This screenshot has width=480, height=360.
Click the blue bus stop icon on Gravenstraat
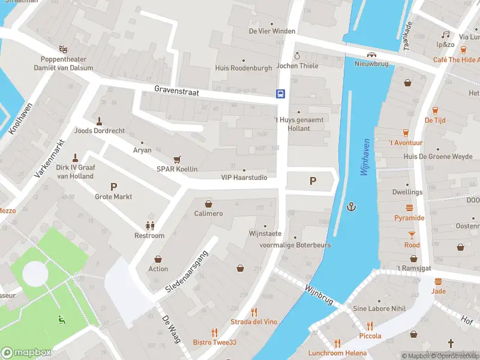click(x=280, y=94)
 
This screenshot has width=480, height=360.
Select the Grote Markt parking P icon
click(x=113, y=187)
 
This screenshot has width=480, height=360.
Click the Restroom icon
click(x=149, y=226)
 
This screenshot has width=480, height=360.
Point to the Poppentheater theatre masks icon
click(x=63, y=49)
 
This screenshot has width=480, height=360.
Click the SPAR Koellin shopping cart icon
click(x=177, y=159)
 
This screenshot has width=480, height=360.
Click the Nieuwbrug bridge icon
click(x=372, y=54)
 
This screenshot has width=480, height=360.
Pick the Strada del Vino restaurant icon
click(x=254, y=312)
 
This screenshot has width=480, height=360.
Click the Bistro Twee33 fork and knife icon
click(x=214, y=332)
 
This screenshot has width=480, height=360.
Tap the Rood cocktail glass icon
click(x=412, y=235)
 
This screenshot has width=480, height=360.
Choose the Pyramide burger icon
click(x=410, y=208)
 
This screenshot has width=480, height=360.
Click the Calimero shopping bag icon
click(x=208, y=204)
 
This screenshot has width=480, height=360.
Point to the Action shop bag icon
click(x=158, y=259)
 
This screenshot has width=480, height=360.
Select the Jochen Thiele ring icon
click(x=296, y=56)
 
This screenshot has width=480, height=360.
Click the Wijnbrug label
click(x=318, y=292)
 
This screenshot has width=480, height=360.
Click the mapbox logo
click(x=26, y=352)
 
